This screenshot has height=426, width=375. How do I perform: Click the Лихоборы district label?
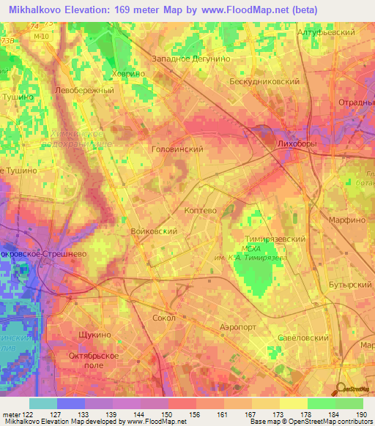pos(297,145)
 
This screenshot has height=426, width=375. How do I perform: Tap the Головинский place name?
pos(177,149)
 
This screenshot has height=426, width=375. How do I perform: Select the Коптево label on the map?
pos(200,209)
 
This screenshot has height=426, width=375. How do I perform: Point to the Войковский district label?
pos(154,231)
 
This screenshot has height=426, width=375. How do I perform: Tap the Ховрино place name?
pos(128,72)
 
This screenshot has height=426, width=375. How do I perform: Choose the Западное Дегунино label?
pos(191,58)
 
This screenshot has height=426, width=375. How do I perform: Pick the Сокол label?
pos(165,318)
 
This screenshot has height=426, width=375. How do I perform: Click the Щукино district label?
pos(94,334)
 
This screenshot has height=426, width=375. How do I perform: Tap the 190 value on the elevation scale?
pos(360,415)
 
